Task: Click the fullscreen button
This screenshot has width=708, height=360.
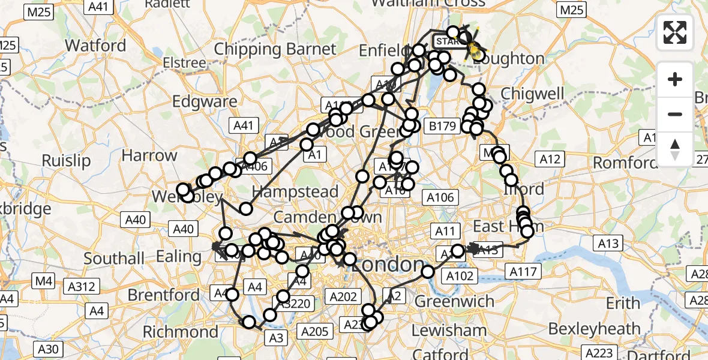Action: point(675,32)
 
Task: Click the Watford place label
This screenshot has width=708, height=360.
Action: point(95,46)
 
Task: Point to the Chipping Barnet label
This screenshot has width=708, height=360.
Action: point(275,49)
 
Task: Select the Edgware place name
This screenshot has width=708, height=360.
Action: point(205,101)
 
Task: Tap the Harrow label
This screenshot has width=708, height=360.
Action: point(149,156)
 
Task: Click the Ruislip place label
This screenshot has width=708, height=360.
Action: point(66,161)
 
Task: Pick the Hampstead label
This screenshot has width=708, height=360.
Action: point(295,192)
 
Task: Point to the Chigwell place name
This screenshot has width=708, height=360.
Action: point(532,94)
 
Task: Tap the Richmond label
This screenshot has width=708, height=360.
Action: point(181,332)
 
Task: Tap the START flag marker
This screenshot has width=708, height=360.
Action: point(445,41)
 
